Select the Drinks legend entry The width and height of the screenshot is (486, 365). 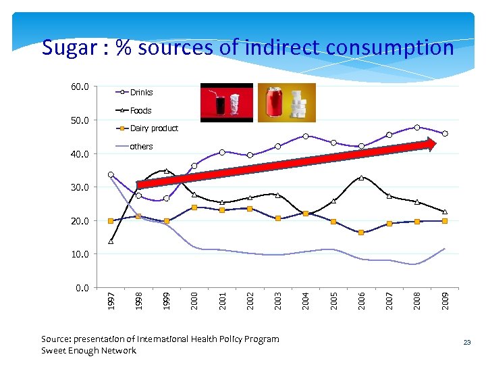tap(141, 93)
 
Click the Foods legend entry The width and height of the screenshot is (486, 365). tap(140, 111)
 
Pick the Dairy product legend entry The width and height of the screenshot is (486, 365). tap(154, 128)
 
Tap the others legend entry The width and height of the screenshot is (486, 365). tap(141, 147)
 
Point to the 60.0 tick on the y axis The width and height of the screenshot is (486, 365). tap(80, 87)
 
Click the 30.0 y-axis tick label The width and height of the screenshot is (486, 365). tap(80, 187)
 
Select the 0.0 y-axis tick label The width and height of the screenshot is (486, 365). tap(82, 288)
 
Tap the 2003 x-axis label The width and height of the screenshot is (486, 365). tap(278, 301)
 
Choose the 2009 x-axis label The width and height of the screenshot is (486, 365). tap(445, 301)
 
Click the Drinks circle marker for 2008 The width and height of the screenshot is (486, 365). tap(417, 127)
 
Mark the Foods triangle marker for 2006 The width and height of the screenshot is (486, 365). tap(362, 178)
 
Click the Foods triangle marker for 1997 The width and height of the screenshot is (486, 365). tap(111, 241)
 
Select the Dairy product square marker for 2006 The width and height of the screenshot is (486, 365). tap(362, 233)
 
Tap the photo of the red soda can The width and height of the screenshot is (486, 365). tap(275, 102)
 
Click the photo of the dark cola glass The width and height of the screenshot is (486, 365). tap(220, 103)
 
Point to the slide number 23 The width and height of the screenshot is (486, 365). tap(466, 343)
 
